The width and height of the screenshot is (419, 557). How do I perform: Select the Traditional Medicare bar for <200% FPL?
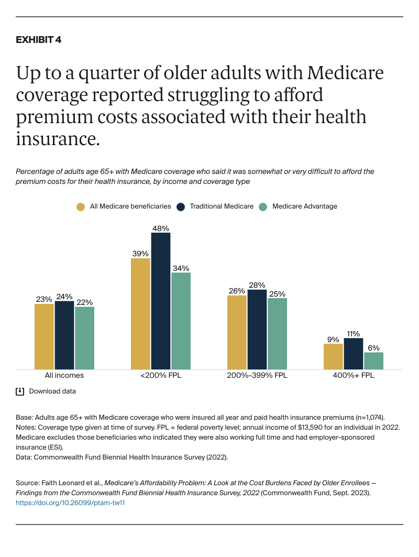pyautogui.click(x=161, y=301)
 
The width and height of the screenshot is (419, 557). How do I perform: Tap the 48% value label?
pyautogui.click(x=161, y=228)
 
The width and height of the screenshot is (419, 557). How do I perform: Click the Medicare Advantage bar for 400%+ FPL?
pyautogui.click(x=373, y=361)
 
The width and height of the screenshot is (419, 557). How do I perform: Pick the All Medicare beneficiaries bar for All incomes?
pyautogui.click(x=44, y=336)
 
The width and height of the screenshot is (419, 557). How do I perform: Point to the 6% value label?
pyautogui.click(x=373, y=348)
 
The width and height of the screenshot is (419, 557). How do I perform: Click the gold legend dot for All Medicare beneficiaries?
pyautogui.click(x=80, y=206)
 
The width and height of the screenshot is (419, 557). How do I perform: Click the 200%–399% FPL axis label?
pyautogui.click(x=257, y=376)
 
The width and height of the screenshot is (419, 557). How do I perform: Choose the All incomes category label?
pyautogui.click(x=64, y=376)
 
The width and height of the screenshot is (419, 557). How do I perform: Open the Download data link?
pyautogui.click(x=52, y=391)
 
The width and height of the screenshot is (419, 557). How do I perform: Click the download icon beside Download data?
pyautogui.click(x=20, y=391)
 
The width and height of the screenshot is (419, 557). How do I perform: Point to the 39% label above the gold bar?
pyautogui.click(x=140, y=254)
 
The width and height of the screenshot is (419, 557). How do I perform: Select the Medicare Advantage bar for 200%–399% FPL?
pyautogui.click(x=277, y=333)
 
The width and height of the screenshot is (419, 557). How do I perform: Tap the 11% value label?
pyautogui.click(x=354, y=334)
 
